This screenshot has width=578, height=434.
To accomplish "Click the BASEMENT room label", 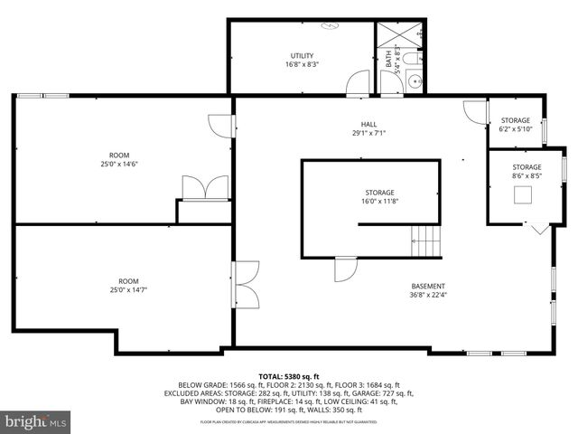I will [428, 290].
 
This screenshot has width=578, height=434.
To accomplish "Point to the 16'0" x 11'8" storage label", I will [380, 197].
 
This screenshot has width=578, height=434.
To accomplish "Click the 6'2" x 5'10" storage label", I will [516, 125].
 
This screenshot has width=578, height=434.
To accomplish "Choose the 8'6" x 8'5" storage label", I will [527, 172].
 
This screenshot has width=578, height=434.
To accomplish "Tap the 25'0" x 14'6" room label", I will [119, 160].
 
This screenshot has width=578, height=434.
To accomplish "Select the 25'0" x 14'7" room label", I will [129, 286].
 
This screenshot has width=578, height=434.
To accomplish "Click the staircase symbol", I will [427, 241].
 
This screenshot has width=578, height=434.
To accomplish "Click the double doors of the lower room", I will [244, 287].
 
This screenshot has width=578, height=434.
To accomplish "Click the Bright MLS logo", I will [36, 421].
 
